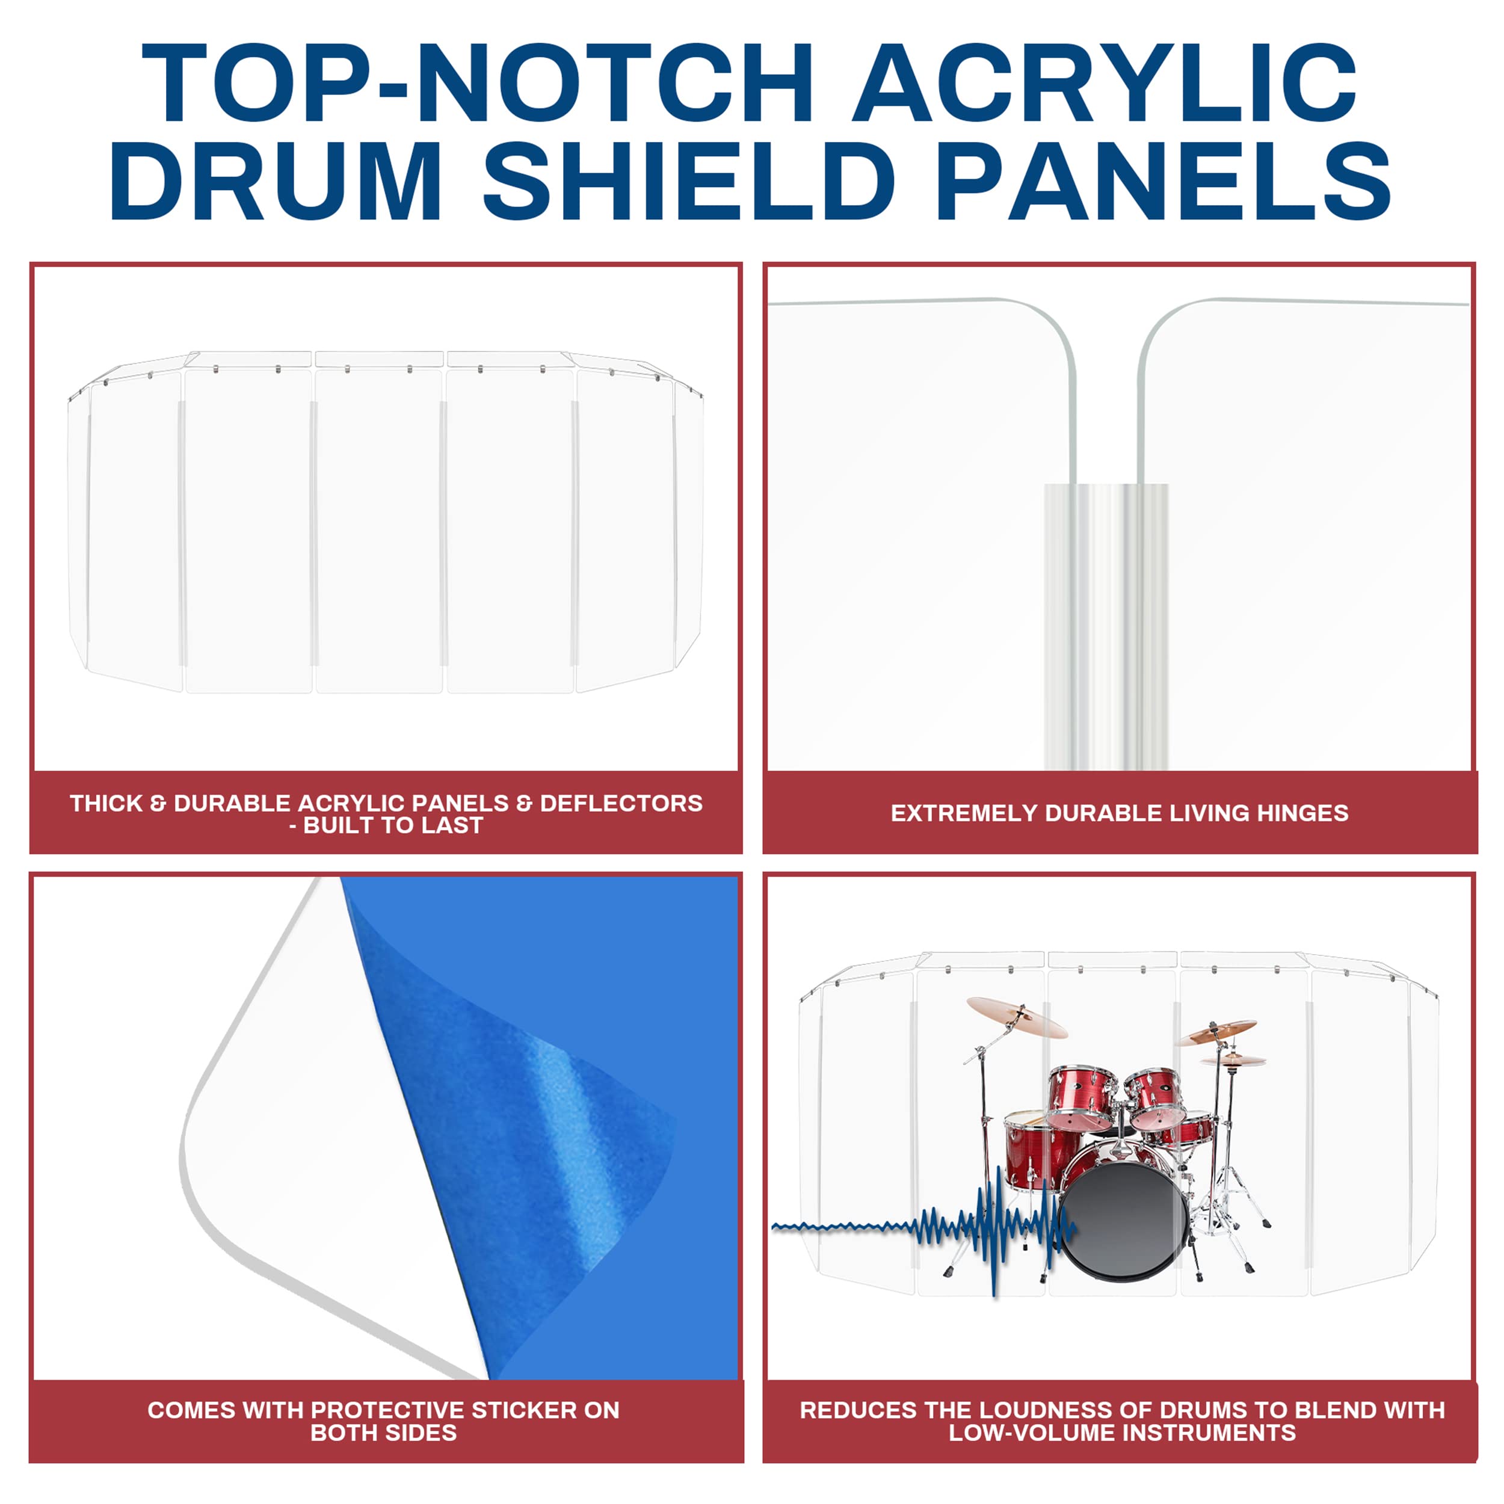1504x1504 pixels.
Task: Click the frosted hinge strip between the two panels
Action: tap(1105, 623)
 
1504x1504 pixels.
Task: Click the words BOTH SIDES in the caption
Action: tap(383, 1432)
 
